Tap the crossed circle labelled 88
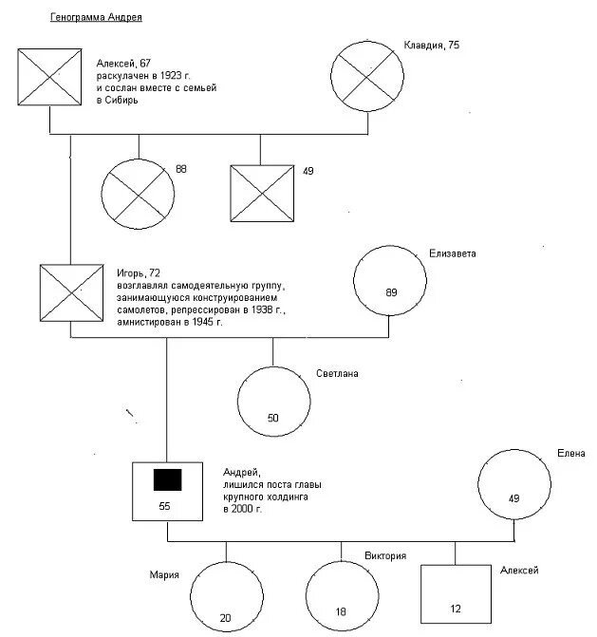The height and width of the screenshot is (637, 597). [x=138, y=191]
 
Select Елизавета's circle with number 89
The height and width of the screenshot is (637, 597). [x=390, y=283]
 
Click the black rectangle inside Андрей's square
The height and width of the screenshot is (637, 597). [x=167, y=480]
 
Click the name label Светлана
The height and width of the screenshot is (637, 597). [x=337, y=374]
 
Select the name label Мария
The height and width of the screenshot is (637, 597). [x=164, y=573]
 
